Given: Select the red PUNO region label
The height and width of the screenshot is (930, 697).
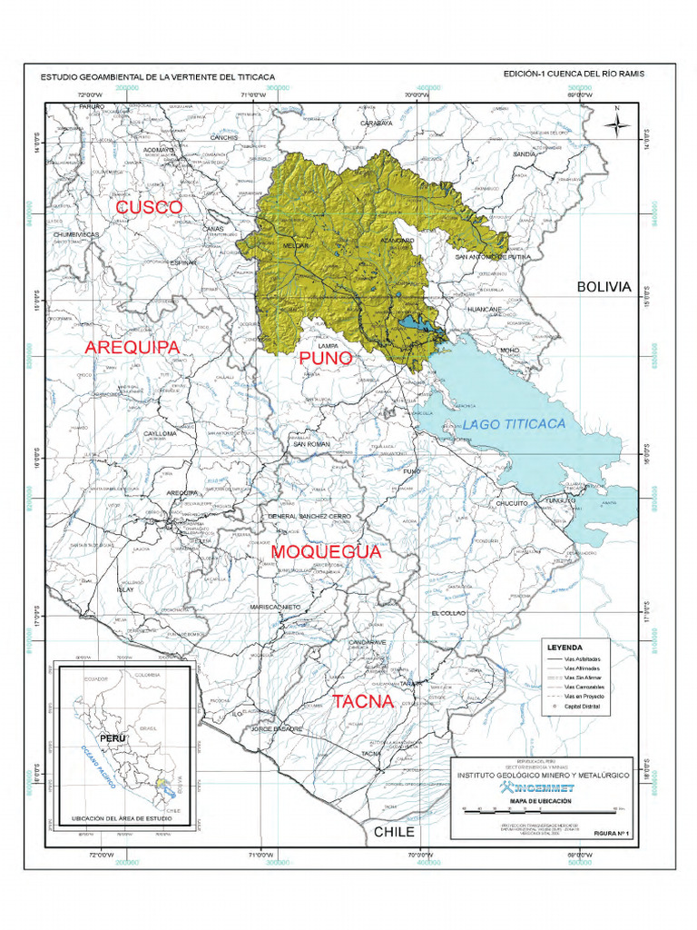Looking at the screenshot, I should coord(326,359).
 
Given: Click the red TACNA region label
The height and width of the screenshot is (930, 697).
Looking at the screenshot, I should coord(362,701).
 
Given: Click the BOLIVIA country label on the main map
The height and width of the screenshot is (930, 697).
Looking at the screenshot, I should coord(604,286).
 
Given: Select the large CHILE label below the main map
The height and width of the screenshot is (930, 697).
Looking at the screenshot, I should coord(394,831).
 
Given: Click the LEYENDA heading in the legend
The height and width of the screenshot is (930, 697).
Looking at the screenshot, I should coord(564,648).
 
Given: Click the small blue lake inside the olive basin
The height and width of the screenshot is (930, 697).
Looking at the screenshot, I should coord(414,323).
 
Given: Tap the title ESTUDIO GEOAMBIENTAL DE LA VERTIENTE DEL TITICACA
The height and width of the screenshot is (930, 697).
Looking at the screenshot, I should coord(157,77).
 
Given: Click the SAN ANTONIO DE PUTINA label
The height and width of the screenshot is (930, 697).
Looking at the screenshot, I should coord(493,257).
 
